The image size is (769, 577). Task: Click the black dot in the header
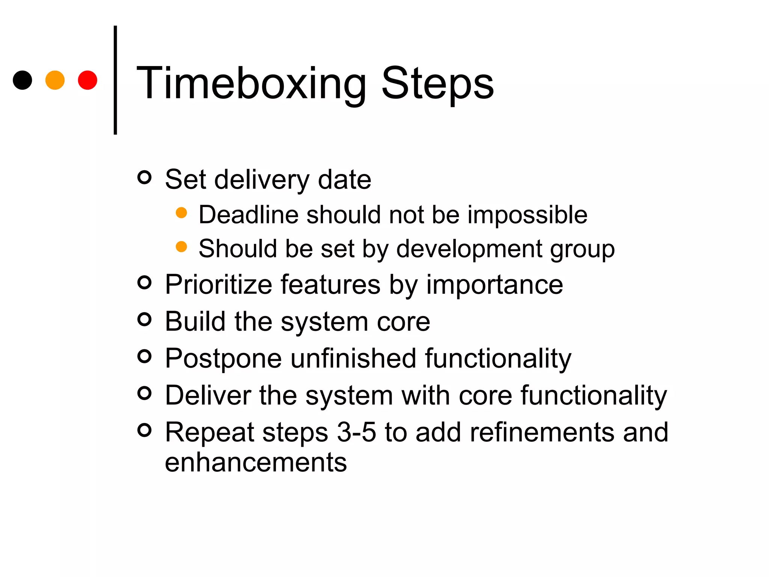23,80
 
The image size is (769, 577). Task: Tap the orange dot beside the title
55,80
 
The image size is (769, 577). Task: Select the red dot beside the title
87,80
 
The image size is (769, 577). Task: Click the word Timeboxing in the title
251,83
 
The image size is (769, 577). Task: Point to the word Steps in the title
437,83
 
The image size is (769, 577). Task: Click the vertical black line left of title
115,80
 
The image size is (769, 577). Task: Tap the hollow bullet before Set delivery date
145,177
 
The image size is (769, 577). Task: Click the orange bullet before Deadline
181,213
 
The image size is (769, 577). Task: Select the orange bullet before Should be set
181,247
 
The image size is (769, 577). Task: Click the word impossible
527,215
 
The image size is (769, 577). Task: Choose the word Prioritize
219,284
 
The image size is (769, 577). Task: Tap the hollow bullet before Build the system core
145,319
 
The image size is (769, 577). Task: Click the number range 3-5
356,432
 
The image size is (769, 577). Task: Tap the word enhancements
256,462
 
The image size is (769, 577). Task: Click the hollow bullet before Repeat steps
145,430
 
